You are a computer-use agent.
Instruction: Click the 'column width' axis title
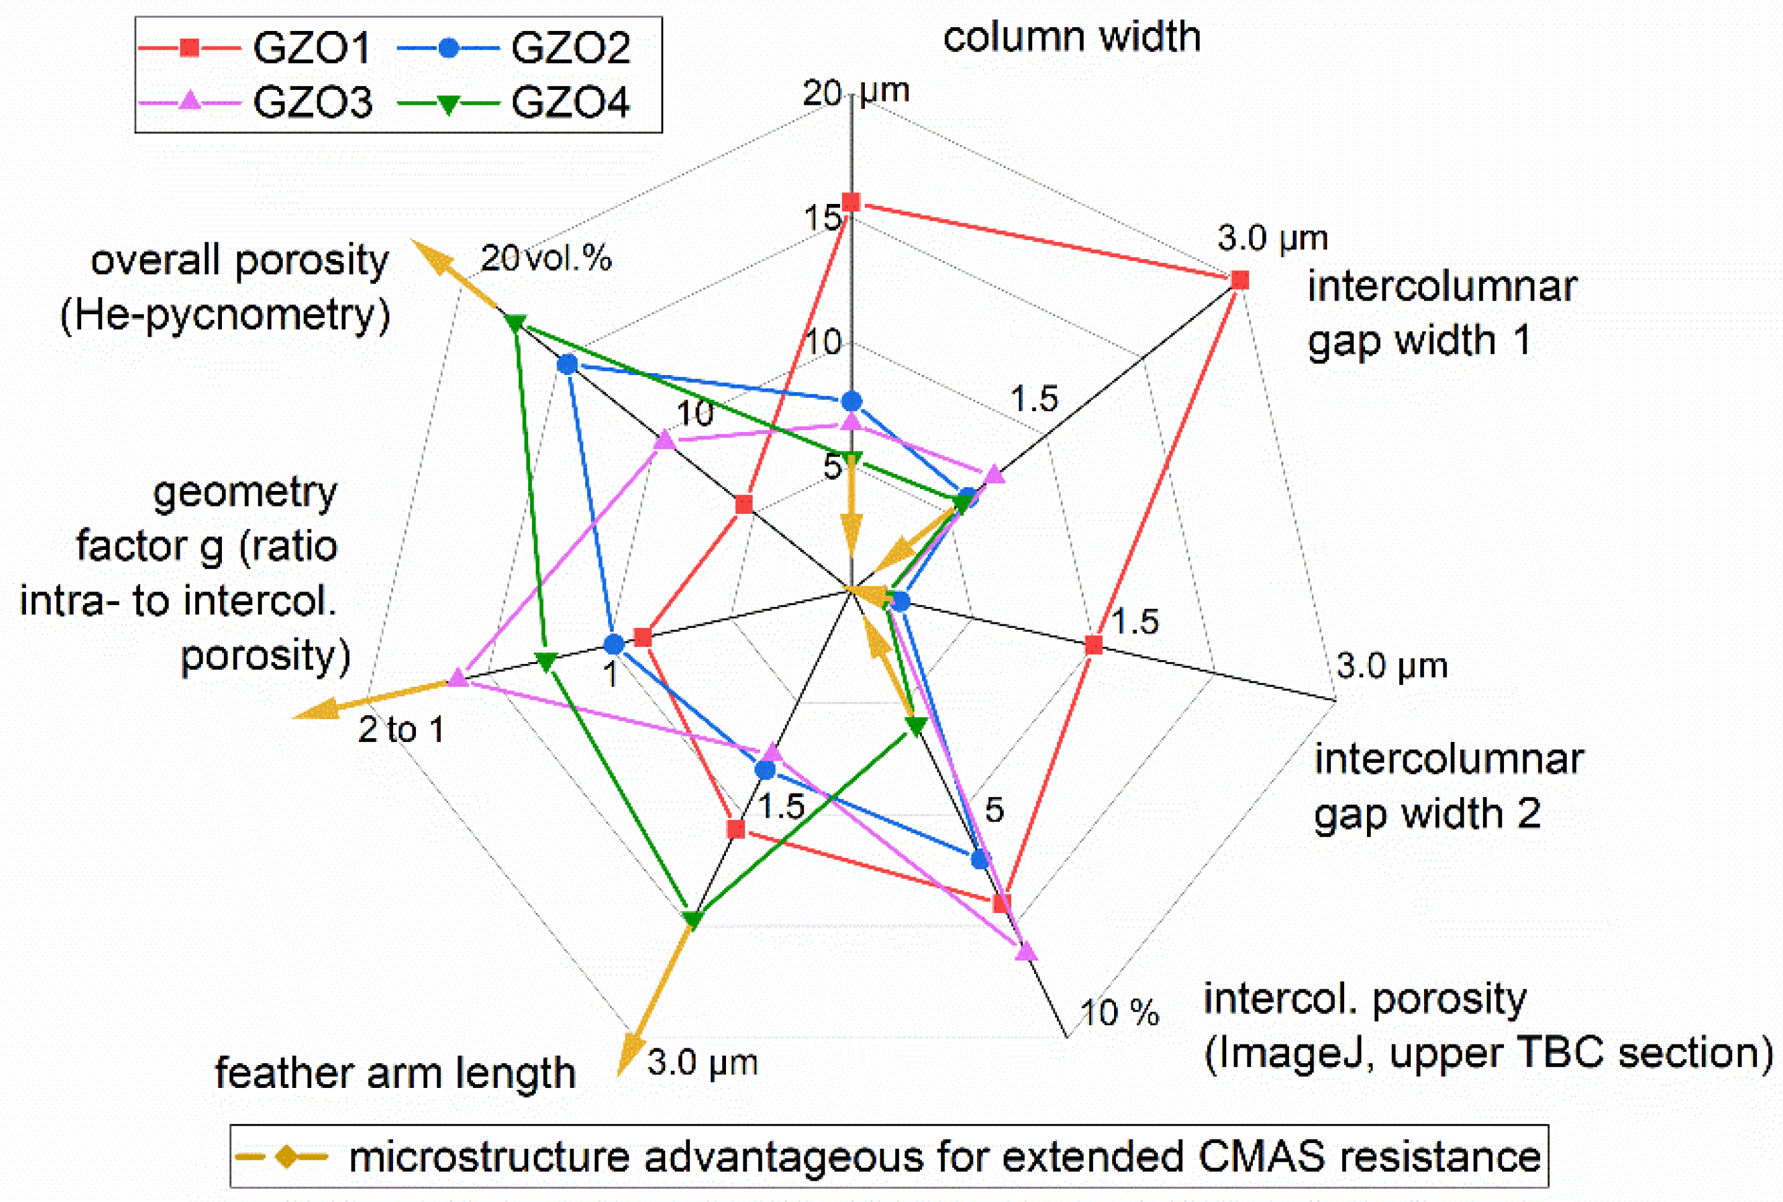point(1071,37)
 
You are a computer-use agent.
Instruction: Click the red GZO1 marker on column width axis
point(851,202)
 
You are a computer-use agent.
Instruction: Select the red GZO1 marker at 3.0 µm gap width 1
point(1239,281)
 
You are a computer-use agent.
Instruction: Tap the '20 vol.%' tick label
point(546,259)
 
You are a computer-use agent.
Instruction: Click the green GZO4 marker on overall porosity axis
point(515,324)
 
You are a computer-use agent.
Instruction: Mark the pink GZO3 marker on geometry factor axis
point(458,678)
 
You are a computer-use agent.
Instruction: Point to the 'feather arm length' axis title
point(395,1072)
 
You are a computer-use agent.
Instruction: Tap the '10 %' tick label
point(1119,1013)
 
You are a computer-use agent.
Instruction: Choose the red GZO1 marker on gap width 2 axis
point(1094,645)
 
